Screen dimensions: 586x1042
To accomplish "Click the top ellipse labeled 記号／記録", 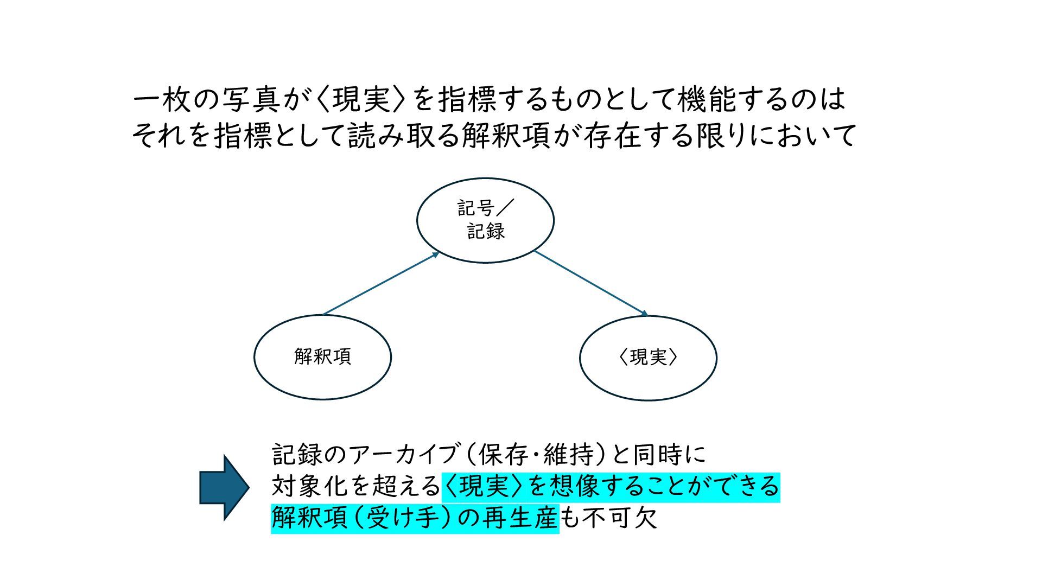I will click(x=485, y=220).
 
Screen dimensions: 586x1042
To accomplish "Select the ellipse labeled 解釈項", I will click(x=322, y=357).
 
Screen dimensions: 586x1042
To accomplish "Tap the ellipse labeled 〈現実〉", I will click(x=648, y=358).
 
